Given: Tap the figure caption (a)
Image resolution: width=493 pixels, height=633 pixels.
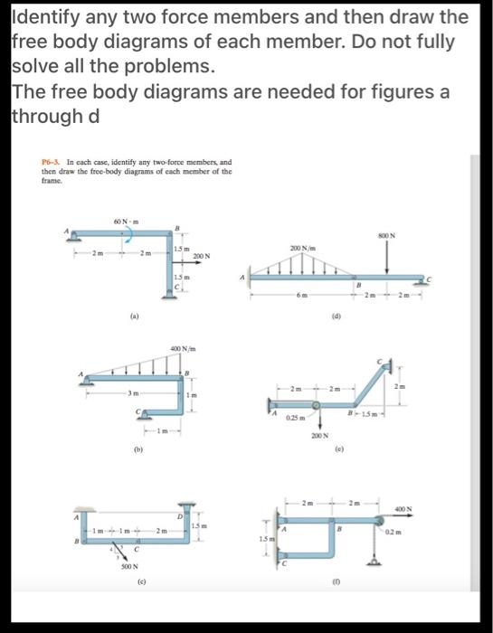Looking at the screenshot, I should [x=133, y=318].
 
